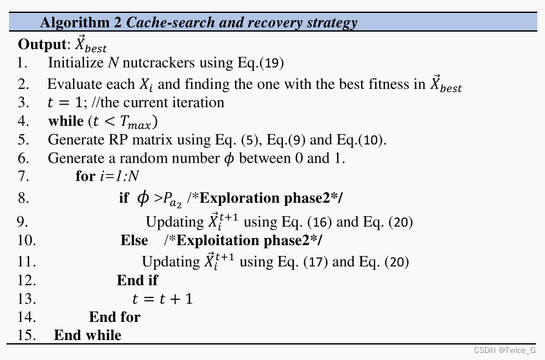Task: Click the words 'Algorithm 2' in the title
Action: [81, 23]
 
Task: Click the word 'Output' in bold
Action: [41, 45]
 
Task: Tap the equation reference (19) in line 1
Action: [271, 63]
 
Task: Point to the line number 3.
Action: [23, 103]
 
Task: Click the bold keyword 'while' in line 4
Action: [66, 121]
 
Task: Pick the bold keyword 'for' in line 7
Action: [85, 176]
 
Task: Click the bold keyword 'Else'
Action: [134, 241]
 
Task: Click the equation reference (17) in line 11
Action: [315, 262]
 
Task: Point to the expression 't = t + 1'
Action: [162, 299]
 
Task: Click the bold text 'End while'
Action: [87, 335]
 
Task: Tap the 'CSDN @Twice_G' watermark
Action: [504, 350]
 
